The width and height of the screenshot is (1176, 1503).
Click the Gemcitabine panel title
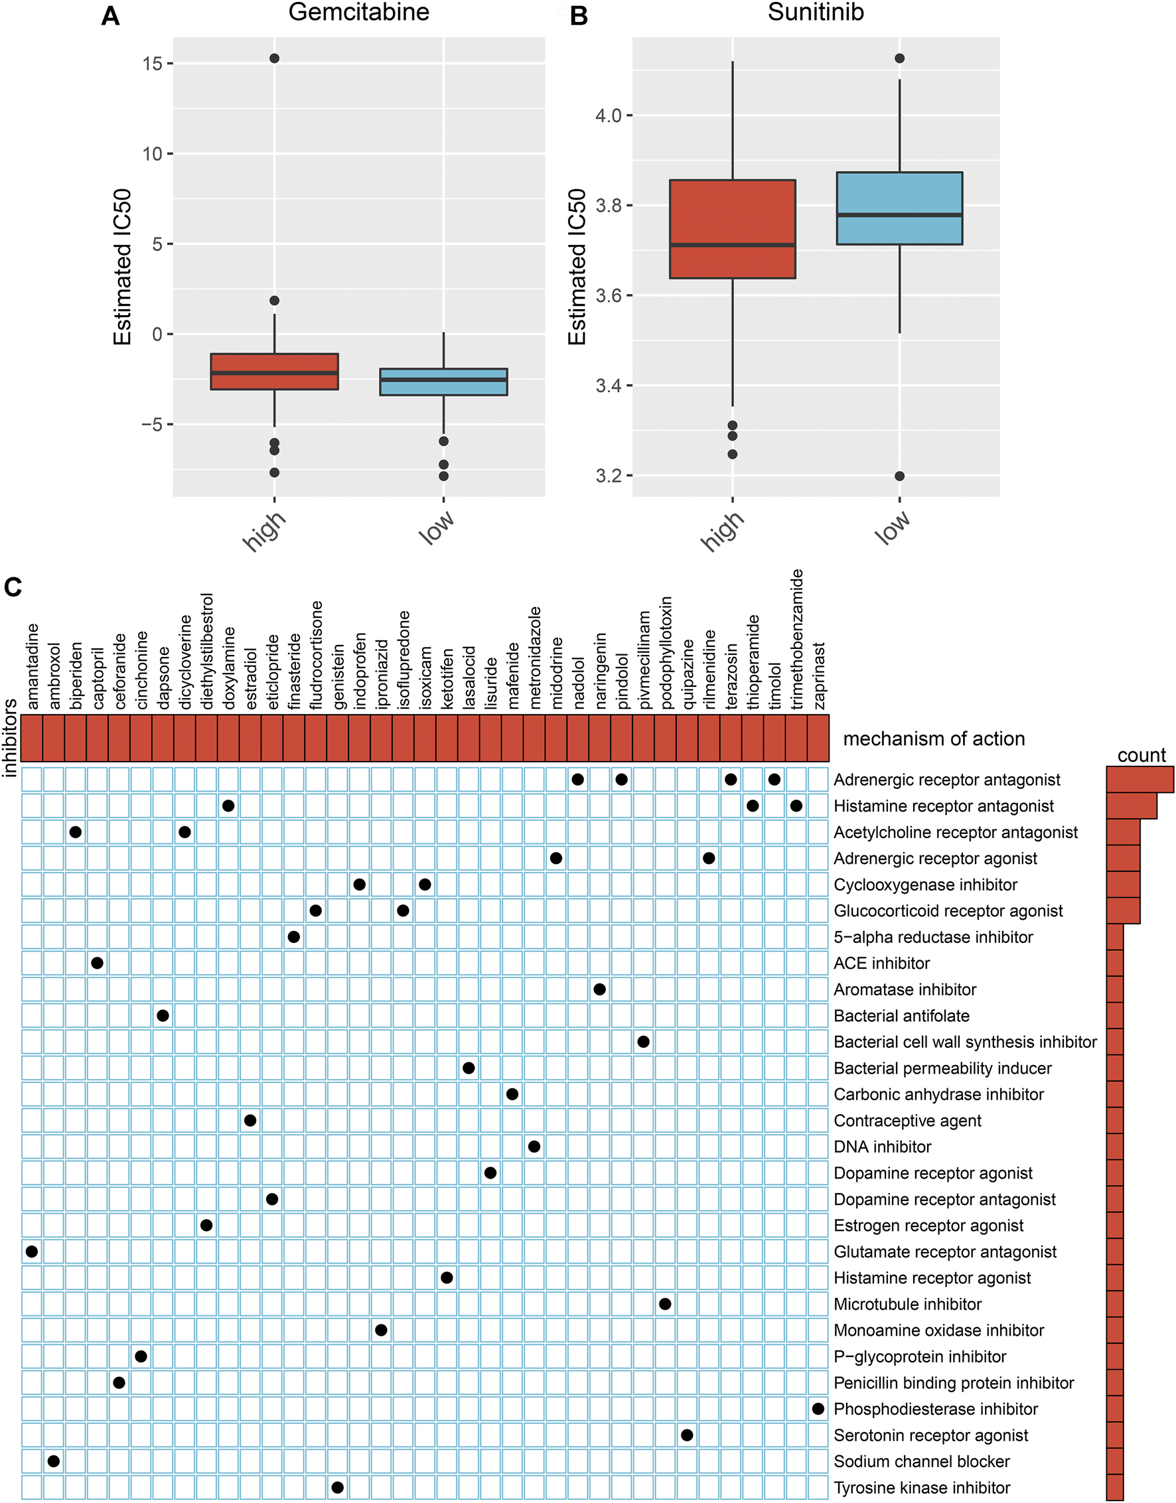pos(359,13)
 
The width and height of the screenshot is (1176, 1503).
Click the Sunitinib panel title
pos(815,13)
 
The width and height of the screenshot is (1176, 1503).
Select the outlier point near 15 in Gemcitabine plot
pos(274,58)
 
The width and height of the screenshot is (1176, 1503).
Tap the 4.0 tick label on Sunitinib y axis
pos(609,115)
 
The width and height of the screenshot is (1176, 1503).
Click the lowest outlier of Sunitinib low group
pos(899,476)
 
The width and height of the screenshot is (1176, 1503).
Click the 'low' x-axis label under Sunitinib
pos(893,528)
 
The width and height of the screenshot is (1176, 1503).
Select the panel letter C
pos(13,587)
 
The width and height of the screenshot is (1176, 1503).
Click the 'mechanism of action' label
pos(934,739)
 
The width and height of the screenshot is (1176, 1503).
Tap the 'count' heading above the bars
pos(1141,755)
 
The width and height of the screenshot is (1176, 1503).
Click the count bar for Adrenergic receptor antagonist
pos(1139,780)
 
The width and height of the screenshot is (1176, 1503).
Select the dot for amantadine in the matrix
pos(32,1251)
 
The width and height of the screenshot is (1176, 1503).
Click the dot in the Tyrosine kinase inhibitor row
pos(337,1487)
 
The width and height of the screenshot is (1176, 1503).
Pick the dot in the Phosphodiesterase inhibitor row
pos(818,1409)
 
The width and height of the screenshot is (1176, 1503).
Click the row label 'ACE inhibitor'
pos(881,964)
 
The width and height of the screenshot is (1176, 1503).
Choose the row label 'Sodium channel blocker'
pos(921,1461)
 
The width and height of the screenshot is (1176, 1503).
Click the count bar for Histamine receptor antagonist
pos(1132,806)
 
